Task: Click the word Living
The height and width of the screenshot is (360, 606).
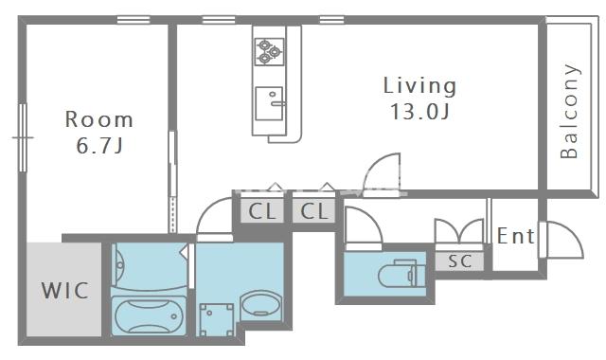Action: [x=419, y=86]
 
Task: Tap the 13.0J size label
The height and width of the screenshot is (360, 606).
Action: [x=419, y=112]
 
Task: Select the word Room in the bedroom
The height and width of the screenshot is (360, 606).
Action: [x=98, y=119]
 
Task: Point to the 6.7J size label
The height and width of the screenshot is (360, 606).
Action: [x=99, y=145]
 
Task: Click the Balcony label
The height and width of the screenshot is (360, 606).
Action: [x=569, y=112]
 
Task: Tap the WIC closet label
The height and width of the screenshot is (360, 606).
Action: [x=65, y=291]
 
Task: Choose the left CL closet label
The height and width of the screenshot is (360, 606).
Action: [x=262, y=211]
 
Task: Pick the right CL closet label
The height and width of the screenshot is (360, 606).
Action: [x=314, y=211]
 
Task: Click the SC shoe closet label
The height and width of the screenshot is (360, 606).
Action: [x=459, y=261]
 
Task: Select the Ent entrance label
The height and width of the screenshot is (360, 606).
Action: [x=515, y=236]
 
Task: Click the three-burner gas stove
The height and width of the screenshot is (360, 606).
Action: [x=269, y=51]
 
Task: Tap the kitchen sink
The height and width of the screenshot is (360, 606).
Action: [x=269, y=103]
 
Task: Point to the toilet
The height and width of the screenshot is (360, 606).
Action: [x=401, y=274]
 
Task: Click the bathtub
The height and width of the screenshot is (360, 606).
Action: [x=149, y=315]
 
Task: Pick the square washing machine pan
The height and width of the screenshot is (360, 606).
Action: [x=217, y=319]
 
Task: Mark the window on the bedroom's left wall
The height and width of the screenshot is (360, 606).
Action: [x=23, y=137]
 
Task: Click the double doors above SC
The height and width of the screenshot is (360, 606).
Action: [x=459, y=232]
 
